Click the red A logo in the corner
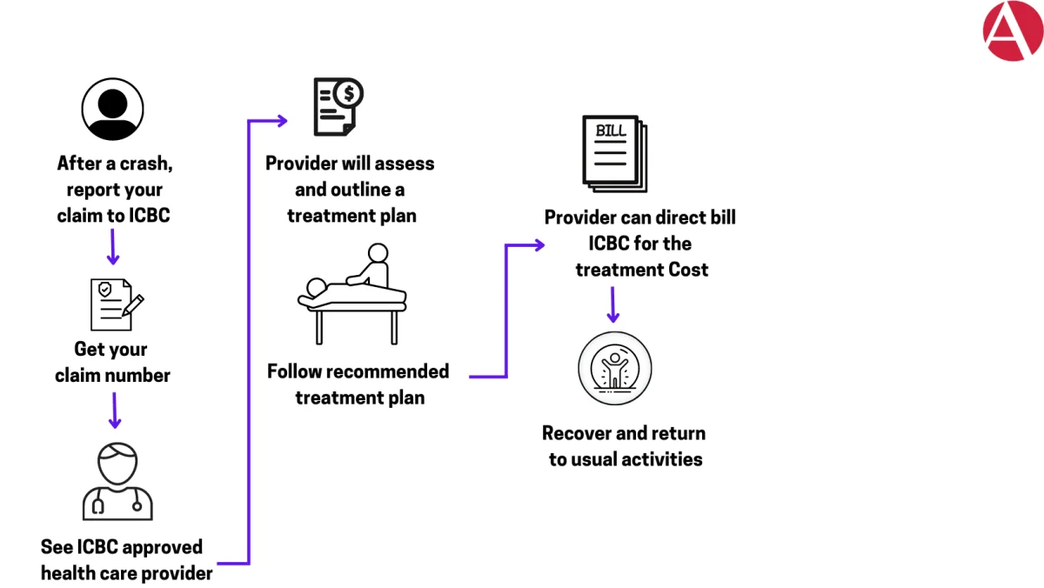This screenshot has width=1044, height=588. [x=1014, y=30]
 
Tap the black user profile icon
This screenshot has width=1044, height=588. [x=112, y=109]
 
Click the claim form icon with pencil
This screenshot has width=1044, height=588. [x=117, y=304]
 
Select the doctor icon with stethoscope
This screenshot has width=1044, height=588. [x=117, y=481]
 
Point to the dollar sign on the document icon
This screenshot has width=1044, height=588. [x=349, y=94]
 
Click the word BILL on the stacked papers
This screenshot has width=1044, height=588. [x=611, y=131]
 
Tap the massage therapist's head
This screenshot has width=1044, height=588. [x=378, y=253]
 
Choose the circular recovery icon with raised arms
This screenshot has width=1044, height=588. [x=615, y=368]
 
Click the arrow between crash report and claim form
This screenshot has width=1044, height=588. [x=113, y=247]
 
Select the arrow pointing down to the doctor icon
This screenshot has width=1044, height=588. [x=115, y=411]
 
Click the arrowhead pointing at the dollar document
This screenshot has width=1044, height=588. [x=283, y=121]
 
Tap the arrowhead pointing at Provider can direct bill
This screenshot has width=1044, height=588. [x=539, y=245]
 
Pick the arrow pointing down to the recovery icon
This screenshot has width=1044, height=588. [x=612, y=304]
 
